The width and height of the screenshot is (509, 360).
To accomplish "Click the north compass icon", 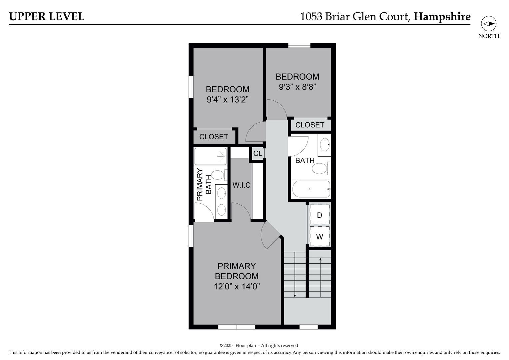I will click(488, 24).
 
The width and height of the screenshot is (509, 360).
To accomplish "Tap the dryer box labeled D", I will click(319, 215).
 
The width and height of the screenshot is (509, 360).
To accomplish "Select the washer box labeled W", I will click(319, 237).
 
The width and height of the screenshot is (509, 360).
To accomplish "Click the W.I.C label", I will click(242, 185).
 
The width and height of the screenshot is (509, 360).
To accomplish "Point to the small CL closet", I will click(258, 154).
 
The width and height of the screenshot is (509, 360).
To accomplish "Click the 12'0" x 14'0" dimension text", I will click(237, 286).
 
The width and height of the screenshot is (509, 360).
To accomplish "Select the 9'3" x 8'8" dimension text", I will click(297, 87).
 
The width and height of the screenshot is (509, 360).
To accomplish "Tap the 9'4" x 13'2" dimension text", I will click(228, 99).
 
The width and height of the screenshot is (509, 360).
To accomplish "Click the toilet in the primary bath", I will click(219, 175).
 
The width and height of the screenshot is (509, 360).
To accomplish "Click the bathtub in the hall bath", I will click(311, 189).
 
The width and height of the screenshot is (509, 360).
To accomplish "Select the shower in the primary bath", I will click(211, 156).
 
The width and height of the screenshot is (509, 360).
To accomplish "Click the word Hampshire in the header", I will click(442, 17).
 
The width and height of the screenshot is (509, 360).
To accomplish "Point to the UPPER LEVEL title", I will click(47, 17).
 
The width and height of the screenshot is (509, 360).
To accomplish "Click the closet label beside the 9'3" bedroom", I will click(310, 125).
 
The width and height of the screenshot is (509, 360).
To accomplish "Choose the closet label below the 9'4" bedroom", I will click(214, 137).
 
